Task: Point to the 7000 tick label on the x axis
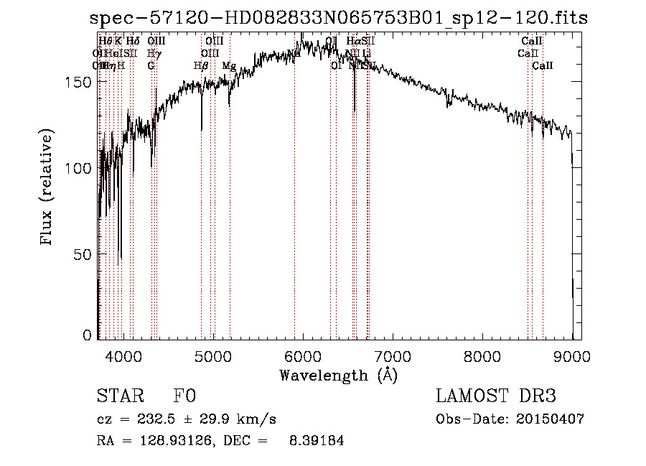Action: point(393,357)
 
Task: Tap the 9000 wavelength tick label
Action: point(572,357)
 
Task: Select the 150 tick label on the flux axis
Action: point(80,82)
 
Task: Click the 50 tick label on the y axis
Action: point(84,253)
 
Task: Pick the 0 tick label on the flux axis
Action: point(88,335)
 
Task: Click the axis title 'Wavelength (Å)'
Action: point(338,375)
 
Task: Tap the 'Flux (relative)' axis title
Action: point(48,189)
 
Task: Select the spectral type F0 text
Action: point(184,396)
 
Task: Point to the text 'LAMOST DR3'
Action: point(496,396)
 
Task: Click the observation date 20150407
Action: point(550,419)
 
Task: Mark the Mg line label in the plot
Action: point(229,66)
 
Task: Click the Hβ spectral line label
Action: point(201,66)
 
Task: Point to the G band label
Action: point(151,66)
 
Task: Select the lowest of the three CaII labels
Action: point(543,66)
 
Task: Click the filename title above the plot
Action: point(338,19)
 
